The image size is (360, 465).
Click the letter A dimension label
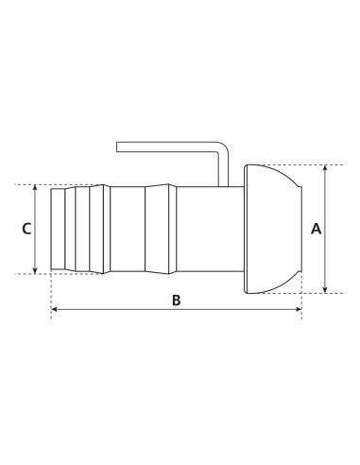tap(316, 229)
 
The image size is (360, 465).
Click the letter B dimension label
tap(177, 301)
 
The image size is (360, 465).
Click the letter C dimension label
tap(26, 229)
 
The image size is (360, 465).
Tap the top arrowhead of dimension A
tap(326, 168)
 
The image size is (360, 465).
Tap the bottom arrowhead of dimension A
tap(326, 290)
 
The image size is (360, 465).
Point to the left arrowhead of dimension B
tap(55, 309)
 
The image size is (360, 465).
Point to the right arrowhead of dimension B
tap(299, 309)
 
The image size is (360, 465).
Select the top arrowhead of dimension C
tap(35, 188)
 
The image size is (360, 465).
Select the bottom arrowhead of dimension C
tap(35, 270)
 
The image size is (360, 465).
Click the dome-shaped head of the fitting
tap(273, 229)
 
